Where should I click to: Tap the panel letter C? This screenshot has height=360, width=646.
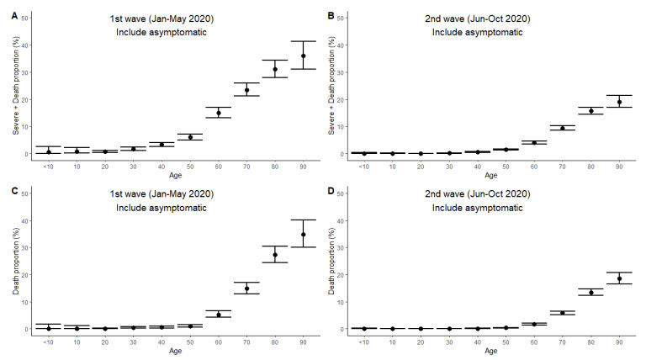(6, 188)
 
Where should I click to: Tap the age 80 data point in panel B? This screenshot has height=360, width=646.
(590, 111)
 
